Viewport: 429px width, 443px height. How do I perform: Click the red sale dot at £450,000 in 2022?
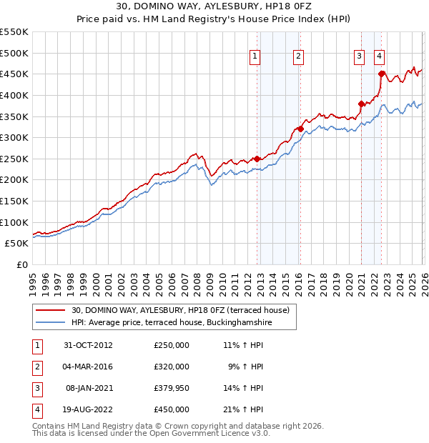382,74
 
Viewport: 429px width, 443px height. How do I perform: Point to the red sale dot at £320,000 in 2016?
300,129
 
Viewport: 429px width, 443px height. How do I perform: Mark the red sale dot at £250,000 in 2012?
257,159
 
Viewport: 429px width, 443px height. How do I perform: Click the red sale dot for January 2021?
361,104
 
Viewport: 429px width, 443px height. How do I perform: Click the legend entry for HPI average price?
173,323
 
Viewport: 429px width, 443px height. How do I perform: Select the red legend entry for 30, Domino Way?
180,310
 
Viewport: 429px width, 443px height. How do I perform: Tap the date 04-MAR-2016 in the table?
88,366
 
